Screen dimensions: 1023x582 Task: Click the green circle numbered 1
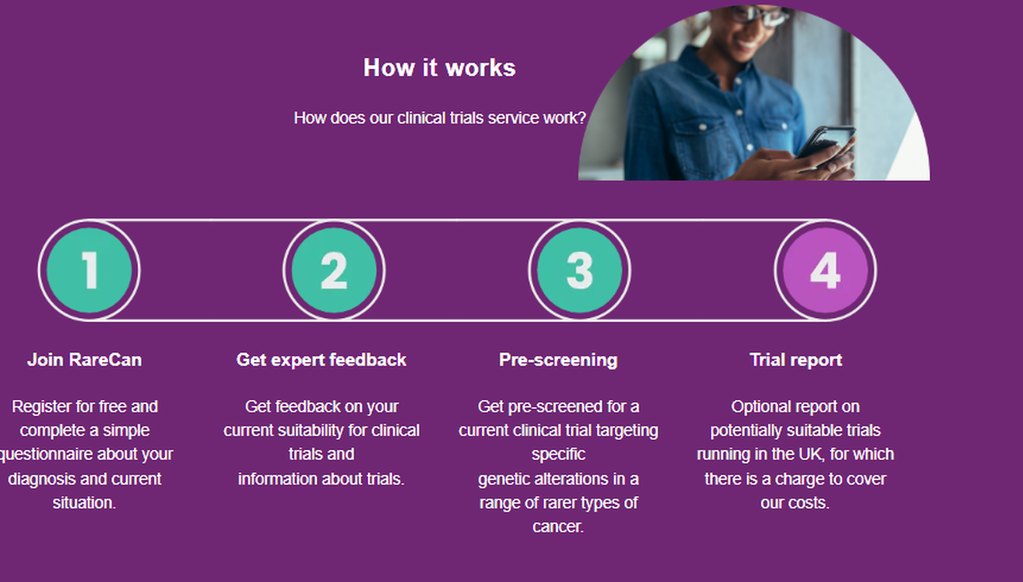[89, 270]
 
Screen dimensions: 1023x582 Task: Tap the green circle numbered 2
[334, 270]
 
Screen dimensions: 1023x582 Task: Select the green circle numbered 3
[580, 270]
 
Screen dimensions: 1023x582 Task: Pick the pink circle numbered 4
[825, 270]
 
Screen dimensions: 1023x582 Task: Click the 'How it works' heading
[439, 67]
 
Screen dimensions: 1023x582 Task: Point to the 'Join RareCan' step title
[84, 360]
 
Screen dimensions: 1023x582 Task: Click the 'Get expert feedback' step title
[321, 360]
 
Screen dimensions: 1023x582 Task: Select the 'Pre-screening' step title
[558, 360]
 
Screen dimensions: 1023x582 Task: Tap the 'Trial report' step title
[796, 360]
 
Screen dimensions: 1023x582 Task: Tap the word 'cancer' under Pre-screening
[556, 527]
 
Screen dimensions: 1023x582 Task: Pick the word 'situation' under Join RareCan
[82, 503]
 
